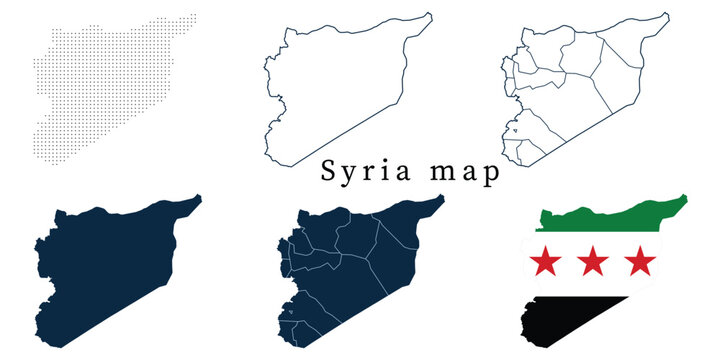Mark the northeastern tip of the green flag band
685,197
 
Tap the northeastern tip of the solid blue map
198,197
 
